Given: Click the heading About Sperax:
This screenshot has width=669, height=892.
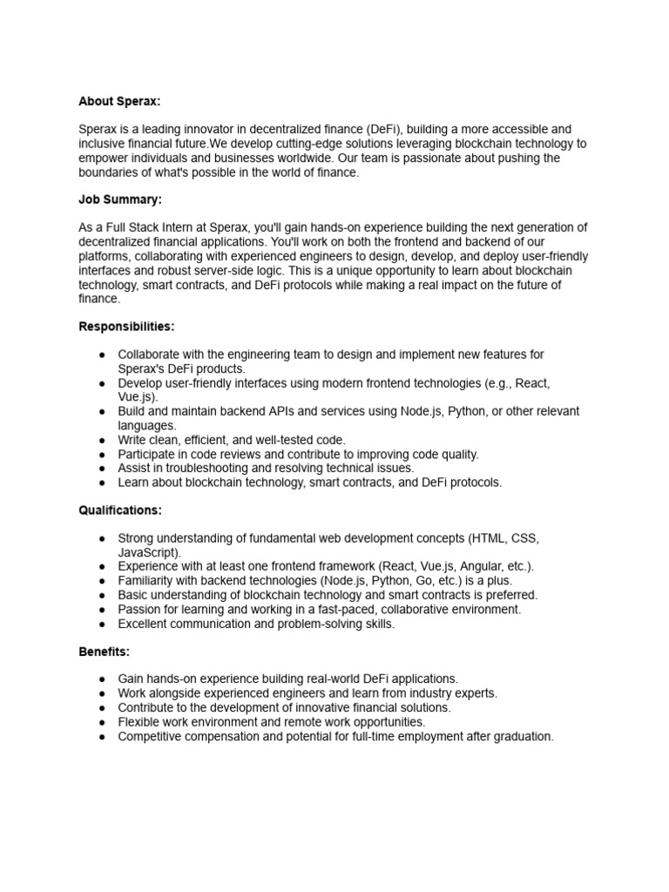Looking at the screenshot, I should tap(119, 101).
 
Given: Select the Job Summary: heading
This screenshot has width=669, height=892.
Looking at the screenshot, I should tap(120, 199).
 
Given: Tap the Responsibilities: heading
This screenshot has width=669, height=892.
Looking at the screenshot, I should tap(126, 327).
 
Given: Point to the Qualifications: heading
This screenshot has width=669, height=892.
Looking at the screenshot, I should tap(120, 510).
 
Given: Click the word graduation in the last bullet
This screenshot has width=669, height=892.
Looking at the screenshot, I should tap(519, 737).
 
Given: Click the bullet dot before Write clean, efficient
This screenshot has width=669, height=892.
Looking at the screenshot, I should tap(103, 440).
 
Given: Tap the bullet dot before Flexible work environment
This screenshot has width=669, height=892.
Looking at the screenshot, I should tap(103, 723).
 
